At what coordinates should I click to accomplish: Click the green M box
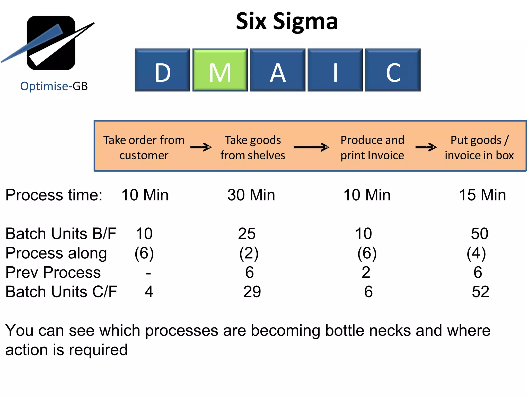[x=220, y=70]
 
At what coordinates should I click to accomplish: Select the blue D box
[x=162, y=70]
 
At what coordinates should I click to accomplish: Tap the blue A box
[x=278, y=70]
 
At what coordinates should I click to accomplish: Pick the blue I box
[x=335, y=70]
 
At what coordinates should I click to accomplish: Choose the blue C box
[x=393, y=70]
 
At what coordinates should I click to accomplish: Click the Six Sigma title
[x=287, y=21]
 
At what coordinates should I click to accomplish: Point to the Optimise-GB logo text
[x=54, y=86]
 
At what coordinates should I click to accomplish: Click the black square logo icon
[x=51, y=43]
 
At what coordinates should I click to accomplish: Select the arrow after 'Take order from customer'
[x=201, y=147]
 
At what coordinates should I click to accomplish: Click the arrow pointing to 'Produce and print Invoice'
[x=311, y=147]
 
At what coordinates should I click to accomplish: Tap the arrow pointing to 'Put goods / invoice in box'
[x=426, y=147]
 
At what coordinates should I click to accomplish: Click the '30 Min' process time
[x=251, y=195]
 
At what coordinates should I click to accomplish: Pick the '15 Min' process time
[x=482, y=195]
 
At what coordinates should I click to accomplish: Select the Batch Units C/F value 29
[x=252, y=292]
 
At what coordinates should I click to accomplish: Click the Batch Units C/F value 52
[x=480, y=292]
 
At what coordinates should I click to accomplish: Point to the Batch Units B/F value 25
[x=247, y=234]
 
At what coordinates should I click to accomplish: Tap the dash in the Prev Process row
[x=148, y=273]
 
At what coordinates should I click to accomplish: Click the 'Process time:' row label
[x=54, y=195]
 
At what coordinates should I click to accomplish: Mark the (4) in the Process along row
[x=476, y=253]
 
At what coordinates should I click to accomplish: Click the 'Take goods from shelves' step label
[x=253, y=147]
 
